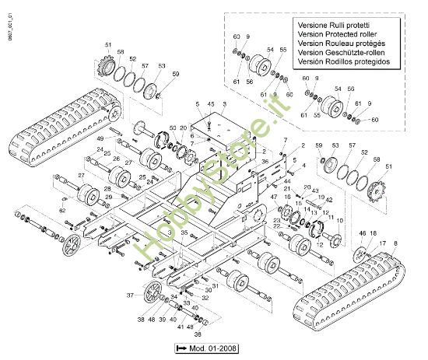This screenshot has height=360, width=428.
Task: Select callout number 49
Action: click(100, 138)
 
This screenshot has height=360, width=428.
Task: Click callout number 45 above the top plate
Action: click(211, 104)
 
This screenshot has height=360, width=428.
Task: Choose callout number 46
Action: click(361, 234)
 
